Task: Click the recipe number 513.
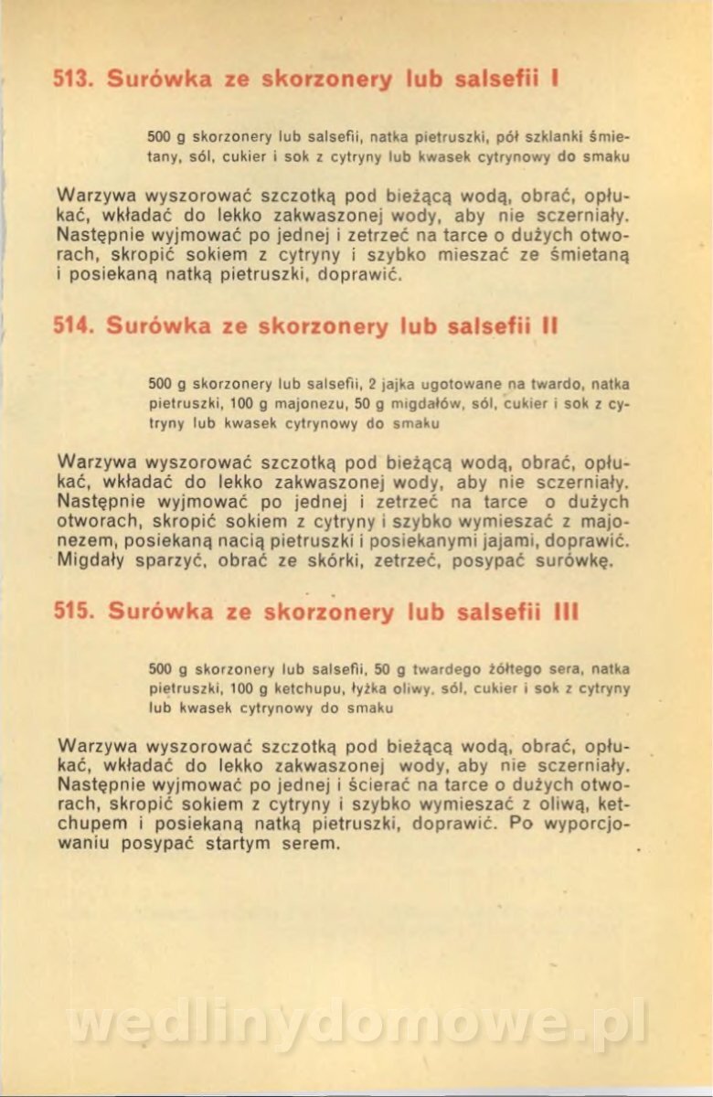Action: pos(75,79)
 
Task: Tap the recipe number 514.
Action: pos(75,326)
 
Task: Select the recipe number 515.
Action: pos(75,612)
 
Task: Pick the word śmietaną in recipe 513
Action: pos(592,253)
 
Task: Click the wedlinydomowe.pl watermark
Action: pos(356,1024)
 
